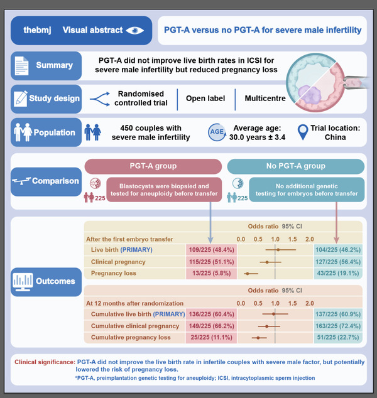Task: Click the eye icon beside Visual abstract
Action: [135, 30]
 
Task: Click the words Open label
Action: [206, 98]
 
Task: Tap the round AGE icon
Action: [216, 132]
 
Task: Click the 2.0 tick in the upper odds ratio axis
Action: [309, 239]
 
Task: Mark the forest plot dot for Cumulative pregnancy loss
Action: [258, 338]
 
